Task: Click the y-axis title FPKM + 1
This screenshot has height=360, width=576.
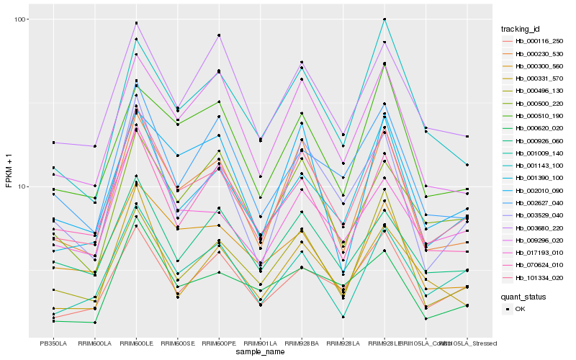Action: (9, 176)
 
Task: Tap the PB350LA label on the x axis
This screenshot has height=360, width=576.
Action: (53, 343)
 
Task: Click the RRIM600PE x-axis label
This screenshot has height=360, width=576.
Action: (219, 343)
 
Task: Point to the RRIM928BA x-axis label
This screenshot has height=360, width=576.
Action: (302, 343)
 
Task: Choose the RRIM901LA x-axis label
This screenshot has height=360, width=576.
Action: (260, 343)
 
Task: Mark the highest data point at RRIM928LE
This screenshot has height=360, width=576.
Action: (384, 19)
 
